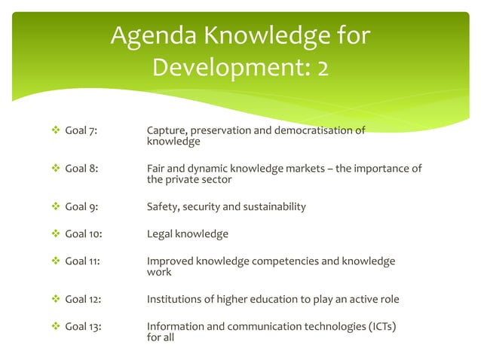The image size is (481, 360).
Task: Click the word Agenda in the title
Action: pyautogui.click(x=152, y=37)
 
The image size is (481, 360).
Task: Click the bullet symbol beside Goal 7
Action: pyautogui.click(x=54, y=131)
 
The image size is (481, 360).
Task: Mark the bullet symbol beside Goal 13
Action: pyautogui.click(x=54, y=328)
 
